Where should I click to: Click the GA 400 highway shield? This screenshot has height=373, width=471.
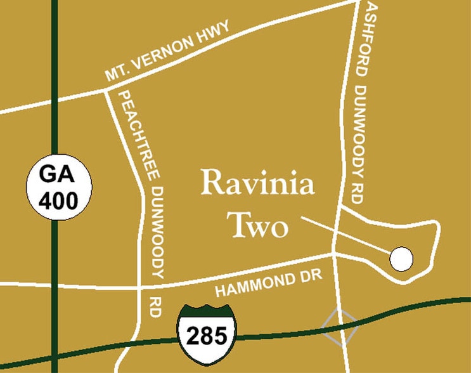click(59, 187)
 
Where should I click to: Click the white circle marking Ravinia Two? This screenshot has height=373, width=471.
click(401, 258)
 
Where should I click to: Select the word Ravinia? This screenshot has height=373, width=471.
click(257, 185)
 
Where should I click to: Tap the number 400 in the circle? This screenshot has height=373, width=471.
click(59, 200)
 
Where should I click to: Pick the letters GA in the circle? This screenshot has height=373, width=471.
click(59, 174)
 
